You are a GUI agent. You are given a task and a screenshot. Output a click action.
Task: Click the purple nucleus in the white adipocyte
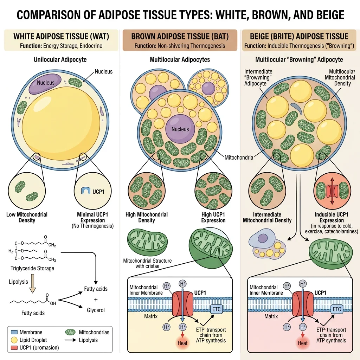(46, 83)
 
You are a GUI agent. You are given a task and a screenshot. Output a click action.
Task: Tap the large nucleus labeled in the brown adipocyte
(180, 129)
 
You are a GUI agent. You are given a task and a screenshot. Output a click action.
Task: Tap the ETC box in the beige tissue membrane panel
(337, 309)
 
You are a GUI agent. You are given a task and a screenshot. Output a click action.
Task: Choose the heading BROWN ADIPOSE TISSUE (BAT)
(180, 36)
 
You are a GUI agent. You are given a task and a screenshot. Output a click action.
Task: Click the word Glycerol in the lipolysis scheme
(96, 310)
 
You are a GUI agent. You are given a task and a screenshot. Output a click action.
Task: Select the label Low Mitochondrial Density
(27, 217)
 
